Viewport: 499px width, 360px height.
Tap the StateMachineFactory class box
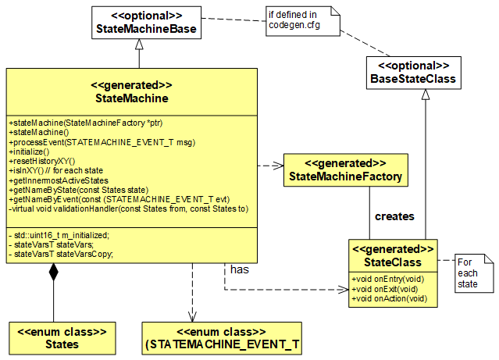[x=345, y=170]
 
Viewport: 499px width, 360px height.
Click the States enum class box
[x=62, y=337]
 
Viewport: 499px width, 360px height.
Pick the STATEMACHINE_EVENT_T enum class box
[x=222, y=337]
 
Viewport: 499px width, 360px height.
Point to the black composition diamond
[x=53, y=273]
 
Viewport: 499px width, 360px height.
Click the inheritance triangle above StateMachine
[x=139, y=59]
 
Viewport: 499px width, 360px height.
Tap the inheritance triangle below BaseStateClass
[x=425, y=95]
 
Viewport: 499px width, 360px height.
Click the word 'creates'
[x=395, y=216]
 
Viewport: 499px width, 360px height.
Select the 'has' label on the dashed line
[x=238, y=269]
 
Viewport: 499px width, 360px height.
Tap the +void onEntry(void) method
[x=387, y=279]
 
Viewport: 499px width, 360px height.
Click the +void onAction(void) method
[x=389, y=298]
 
